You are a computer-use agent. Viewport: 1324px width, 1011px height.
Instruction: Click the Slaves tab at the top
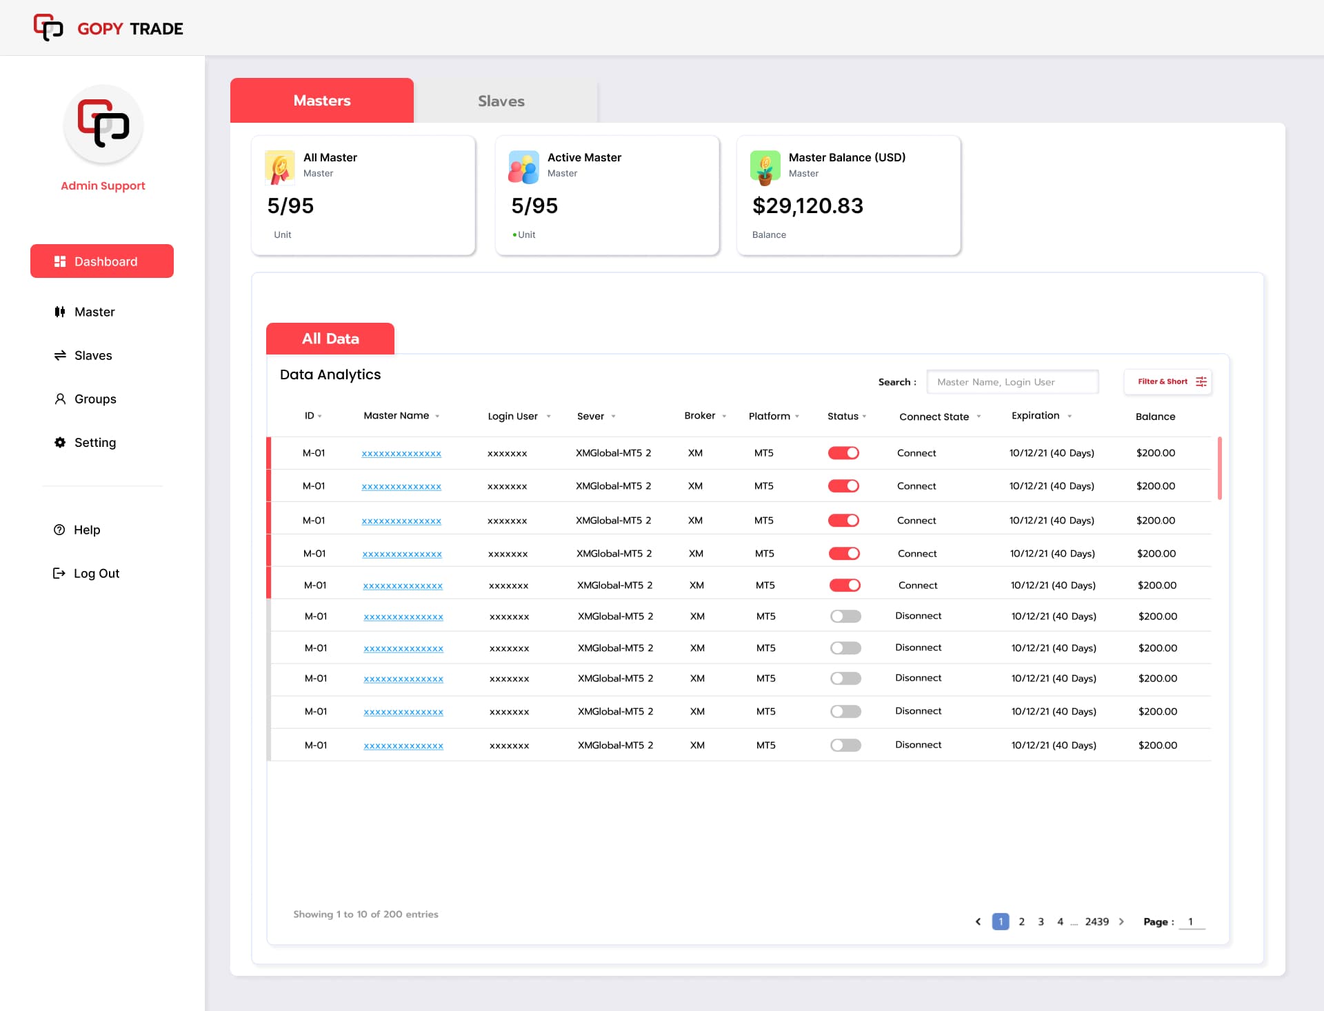tap(501, 101)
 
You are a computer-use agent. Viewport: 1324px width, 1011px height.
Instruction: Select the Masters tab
tap(322, 101)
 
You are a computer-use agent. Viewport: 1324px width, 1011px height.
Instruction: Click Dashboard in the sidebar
tap(102, 261)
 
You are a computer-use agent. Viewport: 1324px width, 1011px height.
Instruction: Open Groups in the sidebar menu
tap(94, 399)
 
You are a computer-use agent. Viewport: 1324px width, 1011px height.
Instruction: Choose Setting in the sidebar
tap(94, 442)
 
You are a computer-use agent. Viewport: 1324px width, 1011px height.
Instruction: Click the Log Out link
tap(96, 573)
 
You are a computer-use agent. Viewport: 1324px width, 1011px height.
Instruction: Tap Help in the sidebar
tap(86, 530)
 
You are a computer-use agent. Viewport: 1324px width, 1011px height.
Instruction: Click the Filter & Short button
tap(1168, 381)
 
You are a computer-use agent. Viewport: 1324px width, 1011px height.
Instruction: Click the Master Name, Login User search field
tap(1012, 382)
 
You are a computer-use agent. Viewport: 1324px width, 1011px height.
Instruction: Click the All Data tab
tap(330, 339)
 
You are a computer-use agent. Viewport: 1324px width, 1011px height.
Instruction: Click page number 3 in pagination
tap(1041, 921)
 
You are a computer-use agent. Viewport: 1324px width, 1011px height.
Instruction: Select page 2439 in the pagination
tap(1096, 921)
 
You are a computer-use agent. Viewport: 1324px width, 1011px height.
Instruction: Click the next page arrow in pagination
tap(1121, 921)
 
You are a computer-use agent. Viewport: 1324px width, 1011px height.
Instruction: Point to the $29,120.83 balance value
tap(808, 206)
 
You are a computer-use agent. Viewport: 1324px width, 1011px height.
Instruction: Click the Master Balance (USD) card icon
tap(765, 168)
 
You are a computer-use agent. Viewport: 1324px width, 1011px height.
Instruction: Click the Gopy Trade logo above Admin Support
tap(103, 124)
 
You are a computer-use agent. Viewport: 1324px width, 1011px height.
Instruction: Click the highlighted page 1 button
tap(1001, 921)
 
